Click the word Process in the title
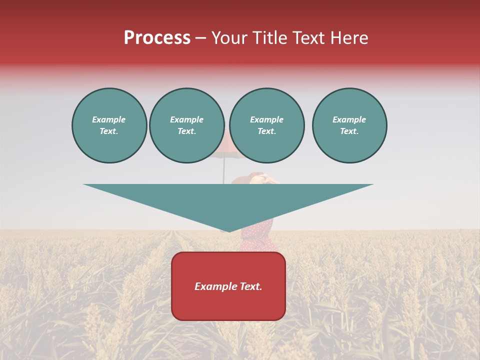[157, 38]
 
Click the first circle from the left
[109, 125]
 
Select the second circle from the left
[187, 125]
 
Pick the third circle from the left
[267, 125]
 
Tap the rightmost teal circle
[349, 125]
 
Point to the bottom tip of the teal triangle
[229, 231]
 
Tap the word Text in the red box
[250, 286]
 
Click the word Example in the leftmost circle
[109, 119]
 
